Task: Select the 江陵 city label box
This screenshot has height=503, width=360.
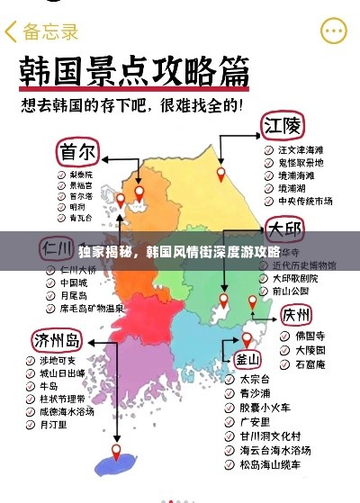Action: [x=282, y=123]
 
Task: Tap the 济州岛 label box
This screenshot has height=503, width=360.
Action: [x=56, y=340]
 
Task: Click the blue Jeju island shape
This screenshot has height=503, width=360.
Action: [x=119, y=463]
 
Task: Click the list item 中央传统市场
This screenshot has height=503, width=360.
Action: [x=305, y=200]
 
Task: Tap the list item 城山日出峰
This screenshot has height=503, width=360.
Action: [x=62, y=372]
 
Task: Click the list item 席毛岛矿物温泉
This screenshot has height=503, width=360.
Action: [x=91, y=308]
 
